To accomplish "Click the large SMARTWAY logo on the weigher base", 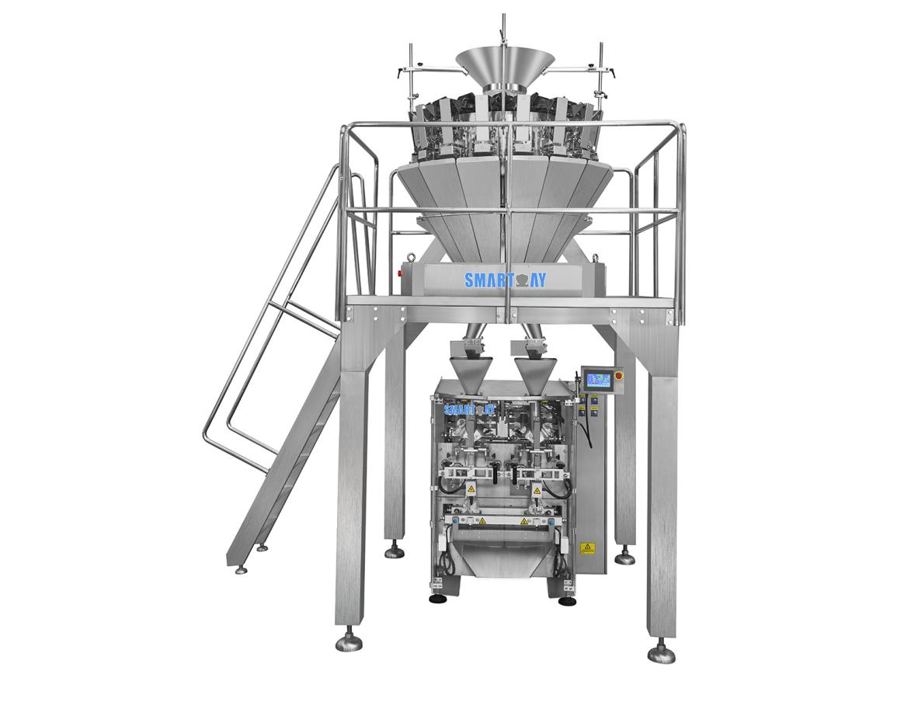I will click(x=505, y=280).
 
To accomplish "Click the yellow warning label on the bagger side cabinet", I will click(x=588, y=547).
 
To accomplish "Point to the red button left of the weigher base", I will click(x=402, y=273).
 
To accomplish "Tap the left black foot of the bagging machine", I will click(x=436, y=599).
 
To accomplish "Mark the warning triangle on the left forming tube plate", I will click(x=470, y=489).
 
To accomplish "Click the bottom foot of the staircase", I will click(x=241, y=568).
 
